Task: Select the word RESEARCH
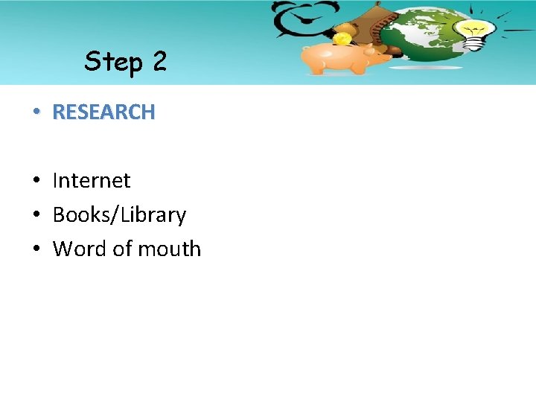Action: [x=103, y=112]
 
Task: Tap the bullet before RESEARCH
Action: [x=36, y=112]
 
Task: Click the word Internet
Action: [x=91, y=180]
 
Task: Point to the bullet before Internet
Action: [x=36, y=181]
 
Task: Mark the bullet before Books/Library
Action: [x=36, y=215]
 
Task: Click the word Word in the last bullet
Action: [x=80, y=249]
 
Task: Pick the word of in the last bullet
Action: [x=121, y=249]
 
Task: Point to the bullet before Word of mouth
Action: [x=36, y=249]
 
